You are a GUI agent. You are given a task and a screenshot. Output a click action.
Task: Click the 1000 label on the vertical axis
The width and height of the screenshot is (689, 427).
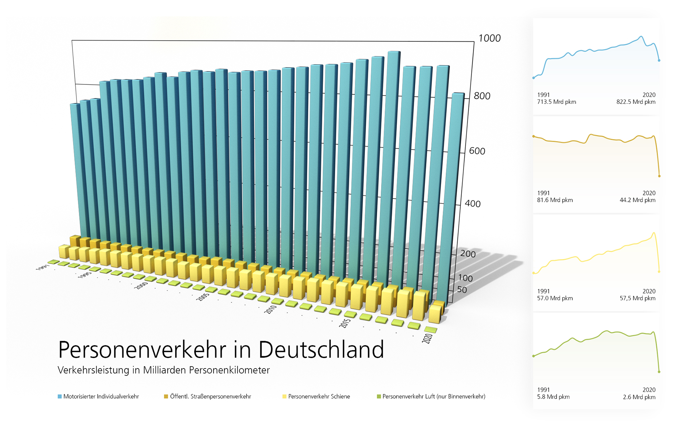click(x=489, y=38)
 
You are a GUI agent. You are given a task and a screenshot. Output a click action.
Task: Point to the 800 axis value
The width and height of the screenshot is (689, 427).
click(x=482, y=96)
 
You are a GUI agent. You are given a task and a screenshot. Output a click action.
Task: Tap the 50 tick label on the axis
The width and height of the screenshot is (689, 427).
click(x=462, y=290)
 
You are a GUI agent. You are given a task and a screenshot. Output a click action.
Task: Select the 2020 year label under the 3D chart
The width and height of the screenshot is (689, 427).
click(x=427, y=338)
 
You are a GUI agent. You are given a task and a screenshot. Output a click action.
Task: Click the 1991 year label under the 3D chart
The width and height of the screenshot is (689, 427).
click(x=42, y=268)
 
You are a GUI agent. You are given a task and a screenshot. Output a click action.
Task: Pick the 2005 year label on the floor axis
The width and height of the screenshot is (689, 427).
click(x=203, y=297)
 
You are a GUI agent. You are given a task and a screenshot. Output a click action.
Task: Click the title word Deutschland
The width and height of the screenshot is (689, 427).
click(x=321, y=350)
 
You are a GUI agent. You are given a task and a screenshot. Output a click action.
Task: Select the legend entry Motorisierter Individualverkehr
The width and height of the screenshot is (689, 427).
click(x=101, y=396)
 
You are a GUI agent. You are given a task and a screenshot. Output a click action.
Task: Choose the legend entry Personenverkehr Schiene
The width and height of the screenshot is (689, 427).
click(x=319, y=396)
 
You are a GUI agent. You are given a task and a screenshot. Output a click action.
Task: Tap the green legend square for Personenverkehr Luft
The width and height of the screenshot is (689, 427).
click(x=379, y=396)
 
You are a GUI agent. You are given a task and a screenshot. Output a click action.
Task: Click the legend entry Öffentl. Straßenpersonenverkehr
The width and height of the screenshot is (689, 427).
click(x=210, y=396)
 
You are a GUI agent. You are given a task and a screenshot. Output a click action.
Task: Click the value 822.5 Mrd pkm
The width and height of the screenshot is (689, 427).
click(x=636, y=102)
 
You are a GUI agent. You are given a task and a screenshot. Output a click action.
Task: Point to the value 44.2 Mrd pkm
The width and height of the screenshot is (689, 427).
click(x=637, y=200)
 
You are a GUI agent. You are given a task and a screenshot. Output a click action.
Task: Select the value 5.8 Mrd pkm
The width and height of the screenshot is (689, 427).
click(x=553, y=397)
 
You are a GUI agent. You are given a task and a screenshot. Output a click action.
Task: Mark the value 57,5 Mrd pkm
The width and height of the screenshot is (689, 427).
click(x=637, y=298)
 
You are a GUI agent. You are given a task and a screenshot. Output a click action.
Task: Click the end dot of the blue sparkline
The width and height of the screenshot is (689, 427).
click(x=659, y=60)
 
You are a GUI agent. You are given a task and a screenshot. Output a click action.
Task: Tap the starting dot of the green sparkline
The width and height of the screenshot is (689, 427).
click(x=534, y=356)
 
